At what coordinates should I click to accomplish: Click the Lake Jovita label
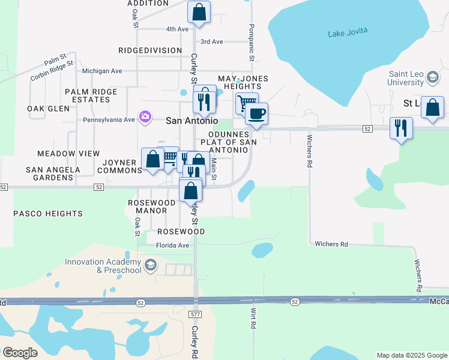click(x=348, y=32)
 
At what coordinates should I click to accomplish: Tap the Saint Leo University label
click(x=405, y=78)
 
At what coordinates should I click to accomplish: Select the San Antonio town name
click(x=191, y=120)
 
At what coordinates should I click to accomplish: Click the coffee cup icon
click(x=256, y=113)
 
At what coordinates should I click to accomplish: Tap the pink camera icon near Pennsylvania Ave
click(x=145, y=116)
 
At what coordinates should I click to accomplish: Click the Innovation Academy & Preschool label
click(x=103, y=265)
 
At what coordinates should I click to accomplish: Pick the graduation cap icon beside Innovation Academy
click(x=151, y=265)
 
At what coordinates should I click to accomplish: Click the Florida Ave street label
click(x=172, y=245)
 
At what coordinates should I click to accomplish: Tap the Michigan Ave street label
click(x=102, y=71)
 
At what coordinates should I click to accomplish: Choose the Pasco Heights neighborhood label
click(x=48, y=214)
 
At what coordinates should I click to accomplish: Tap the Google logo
click(x=20, y=353)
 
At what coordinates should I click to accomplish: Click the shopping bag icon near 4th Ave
click(x=199, y=11)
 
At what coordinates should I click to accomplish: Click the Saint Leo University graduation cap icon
click(x=432, y=76)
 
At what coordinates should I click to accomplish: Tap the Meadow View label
click(x=68, y=154)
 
